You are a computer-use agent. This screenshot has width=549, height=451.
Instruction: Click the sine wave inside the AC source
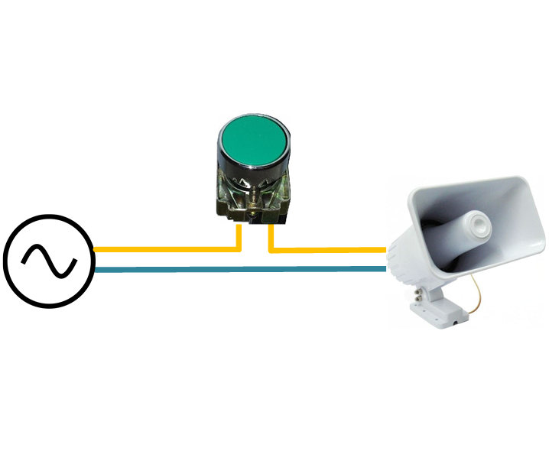tap(48, 261)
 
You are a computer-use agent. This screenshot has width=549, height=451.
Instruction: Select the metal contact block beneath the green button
tap(253, 197)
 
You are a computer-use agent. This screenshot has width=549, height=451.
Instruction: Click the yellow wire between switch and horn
tap(329, 249)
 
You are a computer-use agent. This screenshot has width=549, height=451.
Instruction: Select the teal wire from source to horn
tap(237, 268)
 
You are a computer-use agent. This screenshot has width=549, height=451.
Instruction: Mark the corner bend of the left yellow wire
tap(239, 248)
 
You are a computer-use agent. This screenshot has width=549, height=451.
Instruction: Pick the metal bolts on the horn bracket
tap(420, 291)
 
